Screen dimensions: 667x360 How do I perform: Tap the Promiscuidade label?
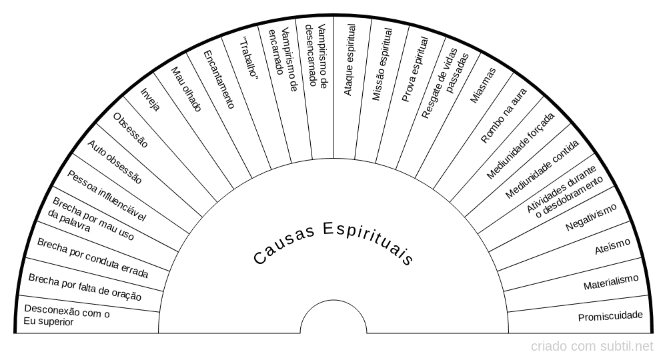pyautogui.click(x=610, y=316)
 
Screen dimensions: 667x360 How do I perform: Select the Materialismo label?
pyautogui.click(x=611, y=282)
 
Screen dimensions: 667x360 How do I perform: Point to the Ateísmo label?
pyautogui.click(x=612, y=246)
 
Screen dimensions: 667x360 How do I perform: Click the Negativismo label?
pyautogui.click(x=591, y=217)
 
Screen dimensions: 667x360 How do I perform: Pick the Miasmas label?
pyautogui.click(x=483, y=85)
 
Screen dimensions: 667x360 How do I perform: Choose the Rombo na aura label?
pyautogui.click(x=504, y=115)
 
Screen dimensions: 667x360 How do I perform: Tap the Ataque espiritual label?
pyautogui.click(x=350, y=59)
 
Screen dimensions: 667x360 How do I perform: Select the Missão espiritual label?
pyautogui.click(x=382, y=64)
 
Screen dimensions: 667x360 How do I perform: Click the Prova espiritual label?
pyautogui.click(x=415, y=69)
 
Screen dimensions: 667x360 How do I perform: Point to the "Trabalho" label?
pyautogui.click(x=249, y=58)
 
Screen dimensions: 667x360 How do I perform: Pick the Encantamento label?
pyautogui.click(x=219, y=79)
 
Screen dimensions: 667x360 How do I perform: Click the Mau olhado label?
pyautogui.click(x=186, y=89)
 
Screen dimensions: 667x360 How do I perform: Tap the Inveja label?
pyautogui.click(x=150, y=99)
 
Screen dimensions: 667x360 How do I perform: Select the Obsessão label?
pyautogui.click(x=130, y=130)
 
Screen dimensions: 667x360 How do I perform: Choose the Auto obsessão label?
pyautogui.click(x=115, y=162)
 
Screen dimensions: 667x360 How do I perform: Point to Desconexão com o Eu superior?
pyautogui.click(x=66, y=315)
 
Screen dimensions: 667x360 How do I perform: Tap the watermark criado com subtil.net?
pyautogui.click(x=592, y=347)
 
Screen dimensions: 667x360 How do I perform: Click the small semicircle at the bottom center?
pyautogui.click(x=333, y=300)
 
